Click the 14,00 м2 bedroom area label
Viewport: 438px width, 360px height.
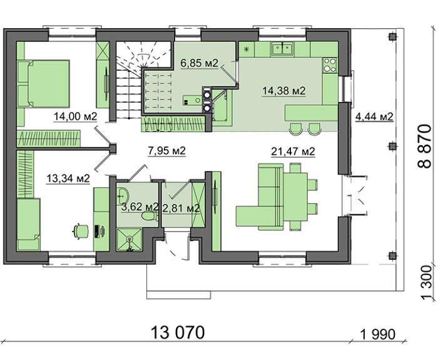pos(75,116)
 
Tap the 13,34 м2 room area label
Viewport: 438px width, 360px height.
pos(68,178)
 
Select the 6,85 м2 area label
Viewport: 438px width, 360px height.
pos(199,63)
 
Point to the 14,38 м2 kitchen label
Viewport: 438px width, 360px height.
pos(284,91)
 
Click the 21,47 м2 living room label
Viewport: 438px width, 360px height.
pos(293,152)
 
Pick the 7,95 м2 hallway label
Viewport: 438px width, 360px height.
pos(167,151)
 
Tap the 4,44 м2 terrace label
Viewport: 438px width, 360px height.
pos(374,116)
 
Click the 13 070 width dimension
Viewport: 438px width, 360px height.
pos(178,332)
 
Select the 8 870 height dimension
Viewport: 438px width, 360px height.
pos(425,146)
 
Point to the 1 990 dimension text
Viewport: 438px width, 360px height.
pos(378,334)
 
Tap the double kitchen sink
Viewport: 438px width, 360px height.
pos(282,48)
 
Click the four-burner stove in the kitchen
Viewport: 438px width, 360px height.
pos(330,65)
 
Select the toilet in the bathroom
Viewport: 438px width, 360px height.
pos(149,216)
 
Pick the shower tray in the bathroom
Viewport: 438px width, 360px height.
pos(129,240)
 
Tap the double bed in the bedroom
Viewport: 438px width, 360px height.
pos(44,83)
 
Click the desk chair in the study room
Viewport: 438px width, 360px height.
pos(81,231)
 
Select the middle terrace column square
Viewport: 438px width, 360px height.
pos(392,146)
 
